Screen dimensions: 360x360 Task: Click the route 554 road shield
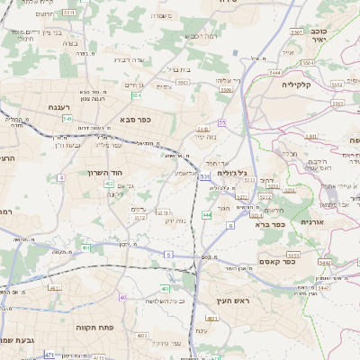(136, 94)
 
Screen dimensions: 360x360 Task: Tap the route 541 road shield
(67, 118)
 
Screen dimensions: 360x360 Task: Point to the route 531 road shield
(204, 177)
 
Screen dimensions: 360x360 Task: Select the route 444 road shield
(206, 215)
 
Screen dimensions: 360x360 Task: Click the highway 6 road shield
(229, 225)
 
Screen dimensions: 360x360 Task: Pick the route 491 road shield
(85, 247)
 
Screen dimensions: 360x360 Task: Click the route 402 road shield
(109, 183)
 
